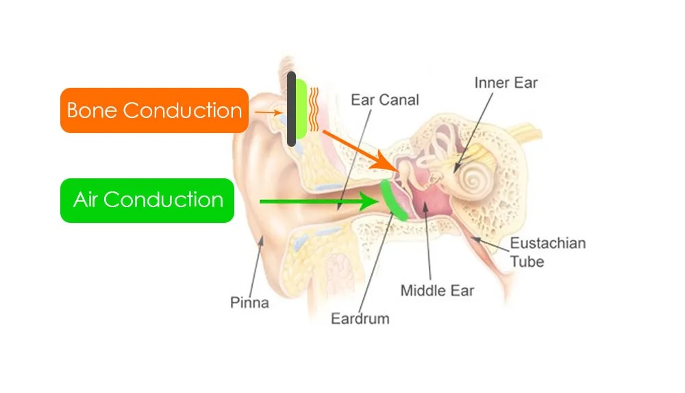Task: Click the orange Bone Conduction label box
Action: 154,110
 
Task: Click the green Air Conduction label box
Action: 147,200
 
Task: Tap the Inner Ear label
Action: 506,83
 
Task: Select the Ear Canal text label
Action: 385,99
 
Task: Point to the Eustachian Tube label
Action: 548,252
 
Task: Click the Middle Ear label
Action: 437,291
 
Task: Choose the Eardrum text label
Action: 360,319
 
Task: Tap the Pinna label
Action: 249,302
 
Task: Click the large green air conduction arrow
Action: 319,202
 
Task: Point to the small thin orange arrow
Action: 269,112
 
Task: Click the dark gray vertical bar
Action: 291,109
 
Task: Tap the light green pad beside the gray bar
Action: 301,109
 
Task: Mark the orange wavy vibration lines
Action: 314,109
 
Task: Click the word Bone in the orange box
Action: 92,110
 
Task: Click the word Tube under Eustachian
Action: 527,262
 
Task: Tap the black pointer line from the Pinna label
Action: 256,267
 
